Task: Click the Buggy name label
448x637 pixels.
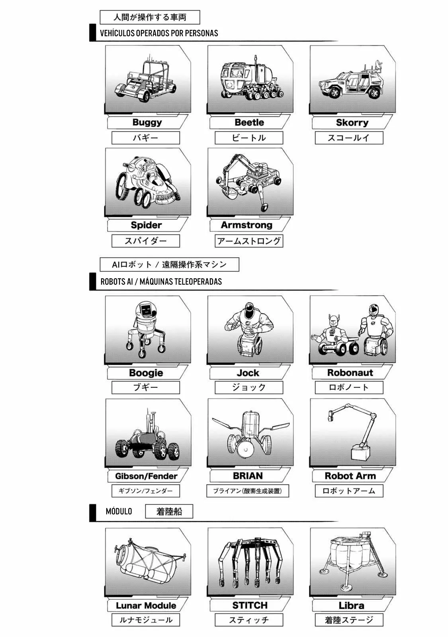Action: tap(147, 122)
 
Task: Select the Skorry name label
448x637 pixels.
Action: tap(352, 123)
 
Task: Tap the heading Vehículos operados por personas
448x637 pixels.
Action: tap(159, 33)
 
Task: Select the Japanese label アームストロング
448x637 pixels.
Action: tap(249, 241)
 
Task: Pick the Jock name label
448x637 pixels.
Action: tap(248, 373)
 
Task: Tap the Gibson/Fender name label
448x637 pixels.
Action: tap(146, 476)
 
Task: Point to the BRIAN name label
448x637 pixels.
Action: tap(248, 476)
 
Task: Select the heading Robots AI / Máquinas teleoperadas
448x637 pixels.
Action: tap(161, 281)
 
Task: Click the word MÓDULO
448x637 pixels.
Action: tap(119, 511)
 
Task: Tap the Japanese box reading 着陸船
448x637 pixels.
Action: tap(169, 511)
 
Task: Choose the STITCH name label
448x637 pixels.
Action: tap(250, 606)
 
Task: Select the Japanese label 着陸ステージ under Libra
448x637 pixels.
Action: tap(349, 620)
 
